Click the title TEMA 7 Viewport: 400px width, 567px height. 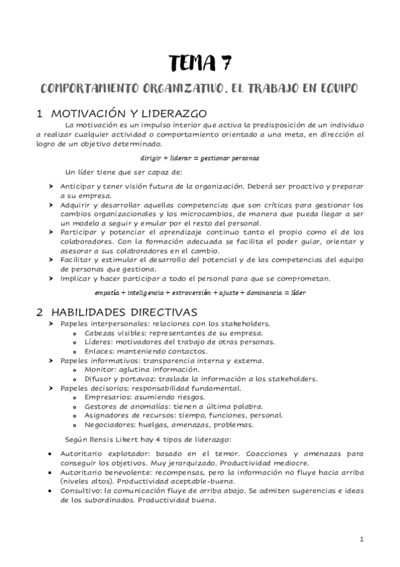click(x=200, y=64)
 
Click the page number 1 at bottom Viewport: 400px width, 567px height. click(x=361, y=539)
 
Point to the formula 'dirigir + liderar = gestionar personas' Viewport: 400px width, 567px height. click(x=200, y=158)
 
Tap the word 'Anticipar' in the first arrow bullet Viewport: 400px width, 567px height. click(x=79, y=184)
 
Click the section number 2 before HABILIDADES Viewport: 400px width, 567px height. click(x=40, y=312)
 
